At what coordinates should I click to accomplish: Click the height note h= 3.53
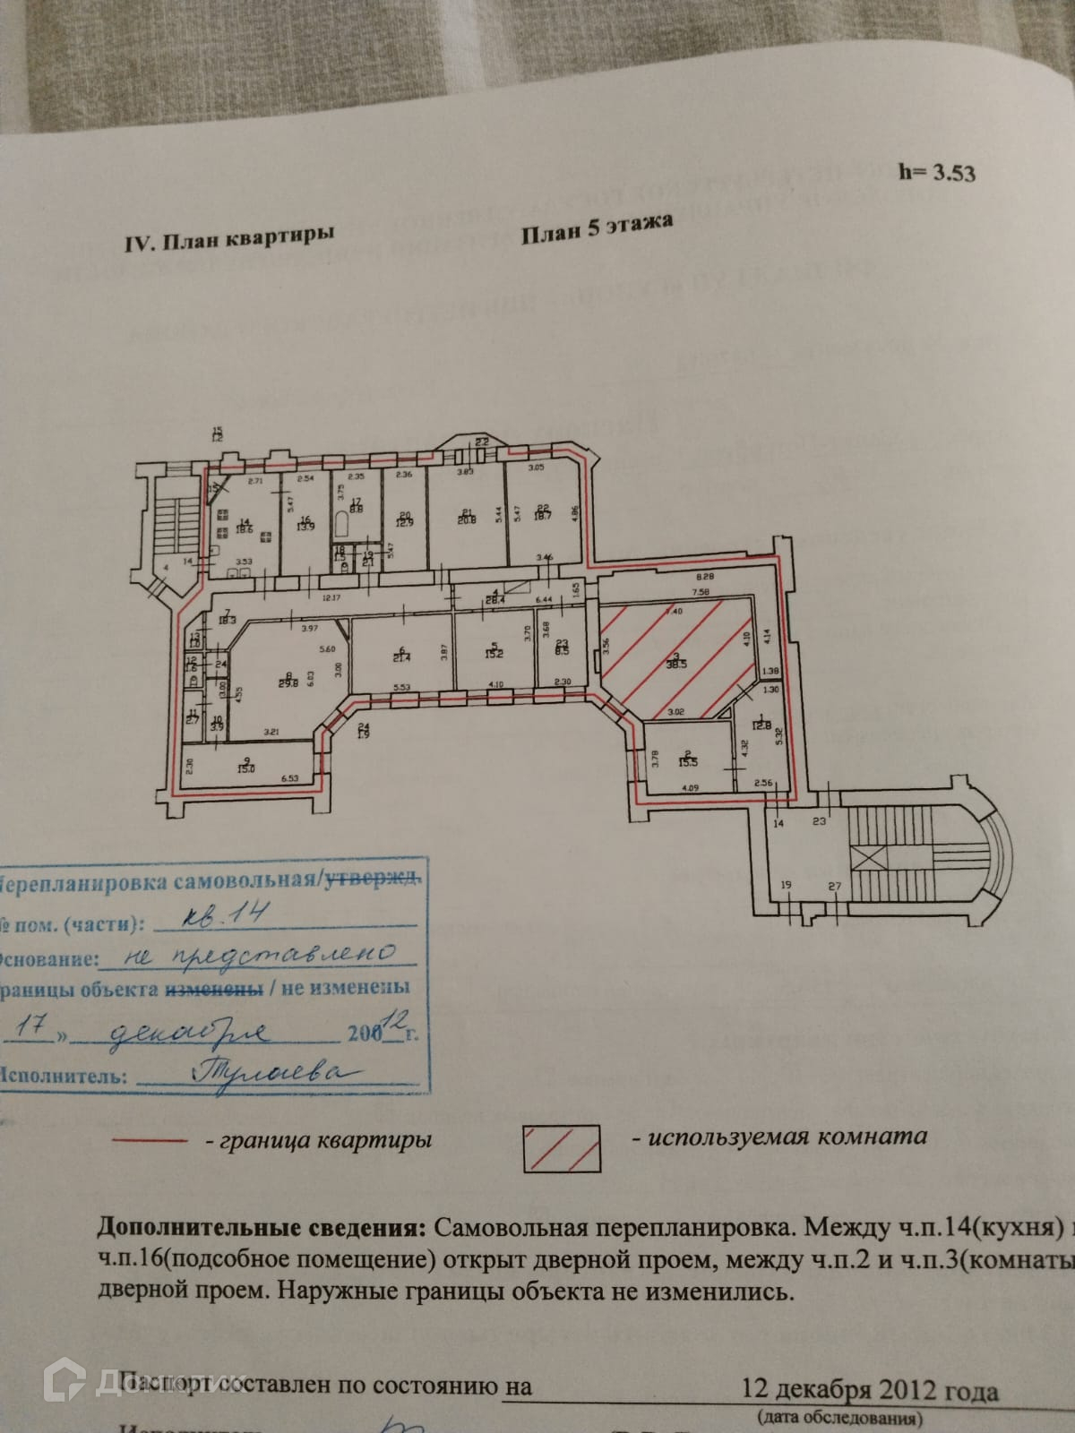coord(936,172)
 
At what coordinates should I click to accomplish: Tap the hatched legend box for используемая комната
coord(562,1146)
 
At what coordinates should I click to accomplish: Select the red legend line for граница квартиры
coord(149,1142)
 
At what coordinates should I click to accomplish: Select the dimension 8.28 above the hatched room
coord(702,579)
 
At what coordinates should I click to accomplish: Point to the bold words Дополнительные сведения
coord(260,1226)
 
